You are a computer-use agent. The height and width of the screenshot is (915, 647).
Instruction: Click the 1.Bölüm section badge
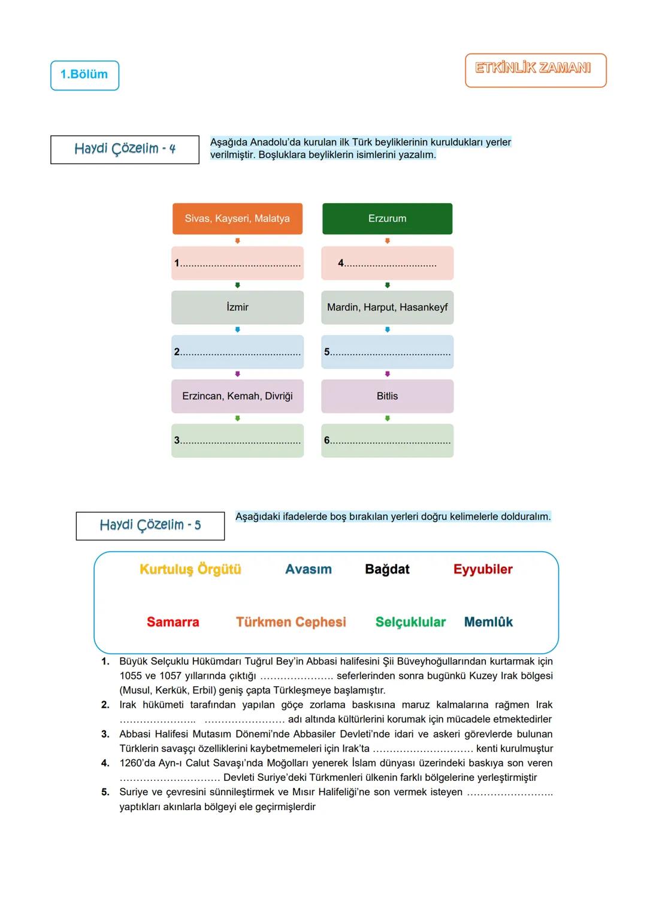84,75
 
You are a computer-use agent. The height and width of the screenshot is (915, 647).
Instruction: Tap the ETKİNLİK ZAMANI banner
535,70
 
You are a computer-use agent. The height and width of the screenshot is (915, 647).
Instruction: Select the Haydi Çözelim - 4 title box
125,149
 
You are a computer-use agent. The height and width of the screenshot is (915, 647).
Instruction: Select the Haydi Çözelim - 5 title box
150,526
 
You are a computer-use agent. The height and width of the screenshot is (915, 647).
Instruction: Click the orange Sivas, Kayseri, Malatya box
237,219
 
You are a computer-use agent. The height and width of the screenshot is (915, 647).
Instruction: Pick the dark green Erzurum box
387,219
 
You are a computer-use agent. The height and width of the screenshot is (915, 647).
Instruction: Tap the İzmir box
237,307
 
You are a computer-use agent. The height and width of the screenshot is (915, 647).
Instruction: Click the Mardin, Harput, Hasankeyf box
387,307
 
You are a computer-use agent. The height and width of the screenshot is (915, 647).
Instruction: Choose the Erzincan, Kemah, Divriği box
237,396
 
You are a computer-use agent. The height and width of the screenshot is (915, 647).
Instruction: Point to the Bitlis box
387,396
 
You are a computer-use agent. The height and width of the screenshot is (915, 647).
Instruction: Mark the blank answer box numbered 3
237,440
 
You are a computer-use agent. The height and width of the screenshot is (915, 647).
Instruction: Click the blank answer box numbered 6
387,440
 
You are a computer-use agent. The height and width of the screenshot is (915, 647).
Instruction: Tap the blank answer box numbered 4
387,263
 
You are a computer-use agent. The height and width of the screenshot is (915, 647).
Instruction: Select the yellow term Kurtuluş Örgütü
191,569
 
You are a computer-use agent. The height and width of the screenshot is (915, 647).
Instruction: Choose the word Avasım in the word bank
309,569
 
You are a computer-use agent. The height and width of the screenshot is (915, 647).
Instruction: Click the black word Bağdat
387,569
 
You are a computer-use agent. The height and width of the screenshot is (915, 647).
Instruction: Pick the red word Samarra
173,622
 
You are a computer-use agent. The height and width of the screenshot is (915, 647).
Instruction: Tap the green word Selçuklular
410,622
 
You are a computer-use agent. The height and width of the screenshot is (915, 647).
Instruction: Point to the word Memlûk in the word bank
488,622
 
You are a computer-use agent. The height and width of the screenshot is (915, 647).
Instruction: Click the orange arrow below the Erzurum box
388,241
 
